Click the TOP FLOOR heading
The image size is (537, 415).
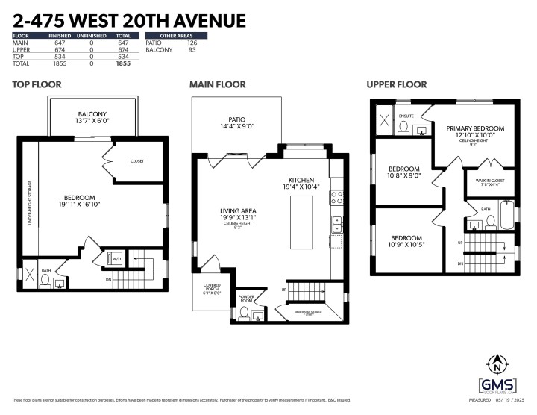[x=37, y=84]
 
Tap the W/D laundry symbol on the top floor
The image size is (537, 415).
[x=116, y=259]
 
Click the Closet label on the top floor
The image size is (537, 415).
[x=136, y=161]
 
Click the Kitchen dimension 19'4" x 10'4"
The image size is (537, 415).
[x=307, y=187]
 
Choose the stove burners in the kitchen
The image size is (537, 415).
[x=336, y=198]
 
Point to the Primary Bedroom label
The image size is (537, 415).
[x=475, y=128]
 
